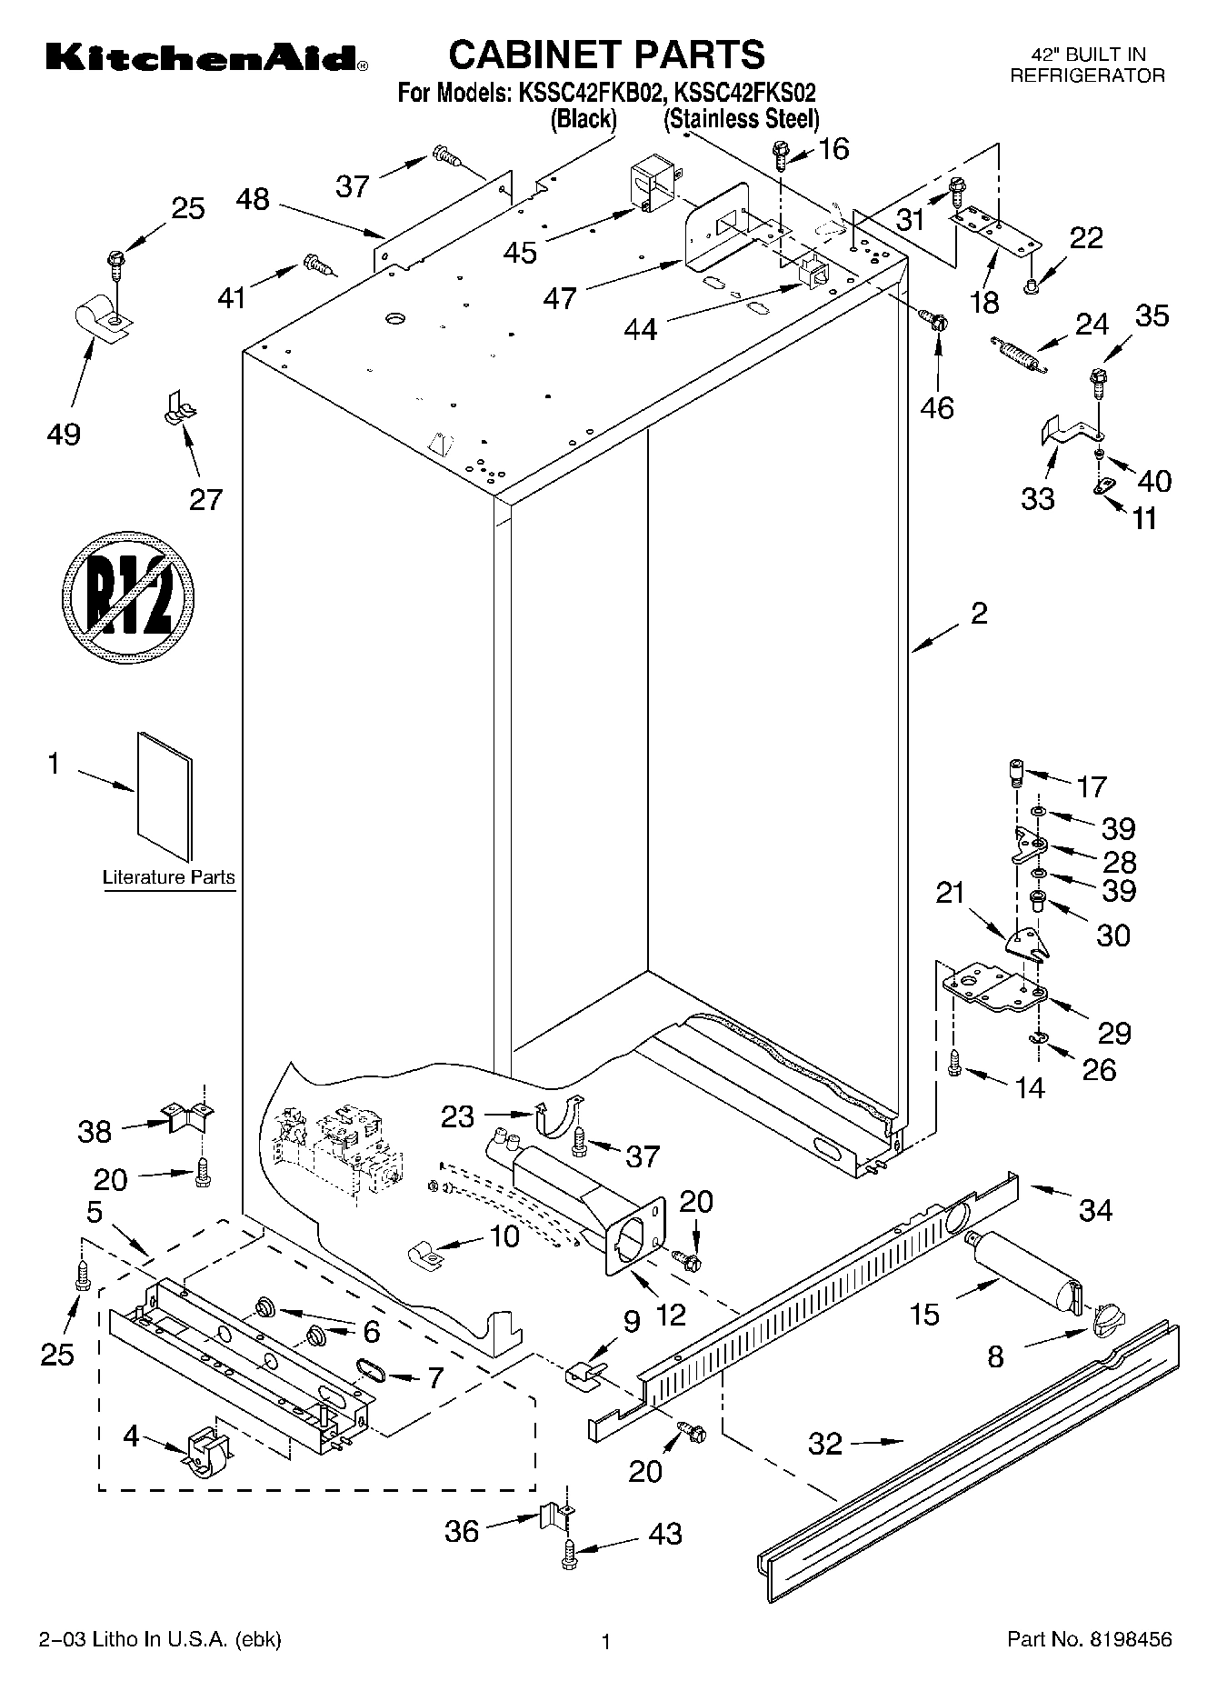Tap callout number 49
pos(63,434)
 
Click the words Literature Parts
pos(168,878)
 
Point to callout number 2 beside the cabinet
pos(978,613)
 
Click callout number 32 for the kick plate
pos(825,1443)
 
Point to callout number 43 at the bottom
pos(664,1534)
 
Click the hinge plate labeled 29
pos(994,990)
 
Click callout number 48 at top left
pos(253,199)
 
